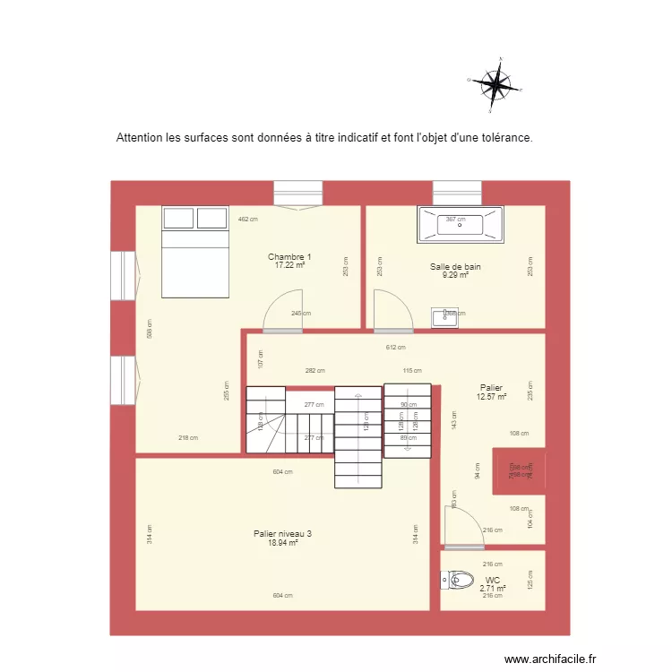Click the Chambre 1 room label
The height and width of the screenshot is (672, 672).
[x=289, y=257]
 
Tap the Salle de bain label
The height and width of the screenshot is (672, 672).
[x=455, y=267]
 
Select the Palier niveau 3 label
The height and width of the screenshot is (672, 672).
[x=282, y=534]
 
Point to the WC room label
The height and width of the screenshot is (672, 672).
[x=493, y=581]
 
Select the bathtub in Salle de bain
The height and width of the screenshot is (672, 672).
[x=461, y=225]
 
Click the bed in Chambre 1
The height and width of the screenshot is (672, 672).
[x=194, y=251]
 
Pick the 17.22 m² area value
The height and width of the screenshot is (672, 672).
[x=289, y=266]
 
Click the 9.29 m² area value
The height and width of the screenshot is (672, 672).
[x=455, y=276]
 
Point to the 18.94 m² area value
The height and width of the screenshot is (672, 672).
[x=282, y=543]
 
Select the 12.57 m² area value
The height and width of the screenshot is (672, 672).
[x=492, y=397]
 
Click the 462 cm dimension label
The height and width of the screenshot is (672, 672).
[x=248, y=220]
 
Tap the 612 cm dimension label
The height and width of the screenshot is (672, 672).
[x=395, y=348]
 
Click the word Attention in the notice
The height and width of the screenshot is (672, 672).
[x=140, y=139]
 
